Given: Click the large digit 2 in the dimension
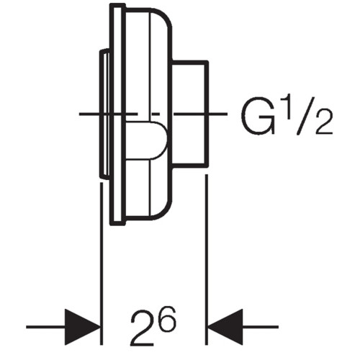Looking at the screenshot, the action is [x=142, y=328].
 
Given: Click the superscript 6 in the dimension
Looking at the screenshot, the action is [x=167, y=318].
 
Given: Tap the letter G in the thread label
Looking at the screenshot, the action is [x=258, y=116].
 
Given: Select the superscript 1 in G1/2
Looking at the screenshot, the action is [x=287, y=108].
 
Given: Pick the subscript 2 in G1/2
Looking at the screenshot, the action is [x=324, y=122].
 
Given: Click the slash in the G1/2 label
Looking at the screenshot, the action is [x=304, y=116].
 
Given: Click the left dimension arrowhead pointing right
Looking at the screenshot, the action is [x=82, y=327].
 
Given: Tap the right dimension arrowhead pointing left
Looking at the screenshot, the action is [x=225, y=327].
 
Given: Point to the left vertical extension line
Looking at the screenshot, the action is [x=102, y=264].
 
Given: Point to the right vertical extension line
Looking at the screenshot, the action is [x=206, y=260].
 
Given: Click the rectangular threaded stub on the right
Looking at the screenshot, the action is [x=190, y=114].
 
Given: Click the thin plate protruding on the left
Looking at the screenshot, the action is [x=104, y=114].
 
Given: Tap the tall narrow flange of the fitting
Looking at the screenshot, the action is [x=117, y=114].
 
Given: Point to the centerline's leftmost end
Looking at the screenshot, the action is [x=79, y=114].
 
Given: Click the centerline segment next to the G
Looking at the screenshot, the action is [x=218, y=114].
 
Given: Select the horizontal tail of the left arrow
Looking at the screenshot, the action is [x=45, y=327].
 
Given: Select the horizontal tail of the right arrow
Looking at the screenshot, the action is [x=261, y=327].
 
